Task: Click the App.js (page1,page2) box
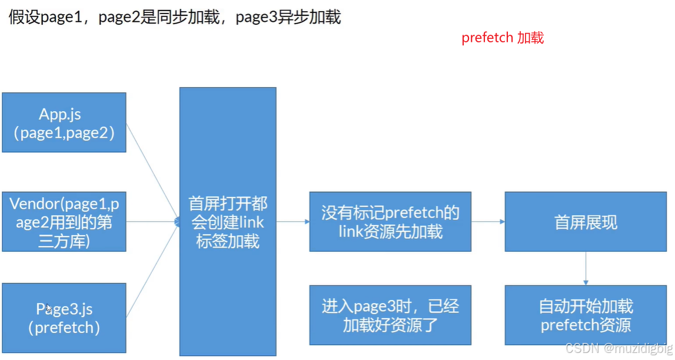pyautogui.click(x=64, y=122)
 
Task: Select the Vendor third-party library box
pyautogui.click(x=64, y=222)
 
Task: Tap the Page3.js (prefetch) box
pyautogui.click(x=64, y=318)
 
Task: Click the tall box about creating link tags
pyautogui.click(x=228, y=221)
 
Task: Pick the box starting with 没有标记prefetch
pyautogui.click(x=390, y=222)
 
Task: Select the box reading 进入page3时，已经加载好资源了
pyautogui.click(x=390, y=315)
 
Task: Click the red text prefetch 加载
pyautogui.click(x=503, y=38)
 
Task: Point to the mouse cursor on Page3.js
pyautogui.click(x=49, y=309)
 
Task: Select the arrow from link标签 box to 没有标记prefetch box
pyautogui.click(x=292, y=222)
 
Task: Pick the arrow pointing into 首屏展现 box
pyautogui.click(x=488, y=222)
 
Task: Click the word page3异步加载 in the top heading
pyautogui.click(x=288, y=17)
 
